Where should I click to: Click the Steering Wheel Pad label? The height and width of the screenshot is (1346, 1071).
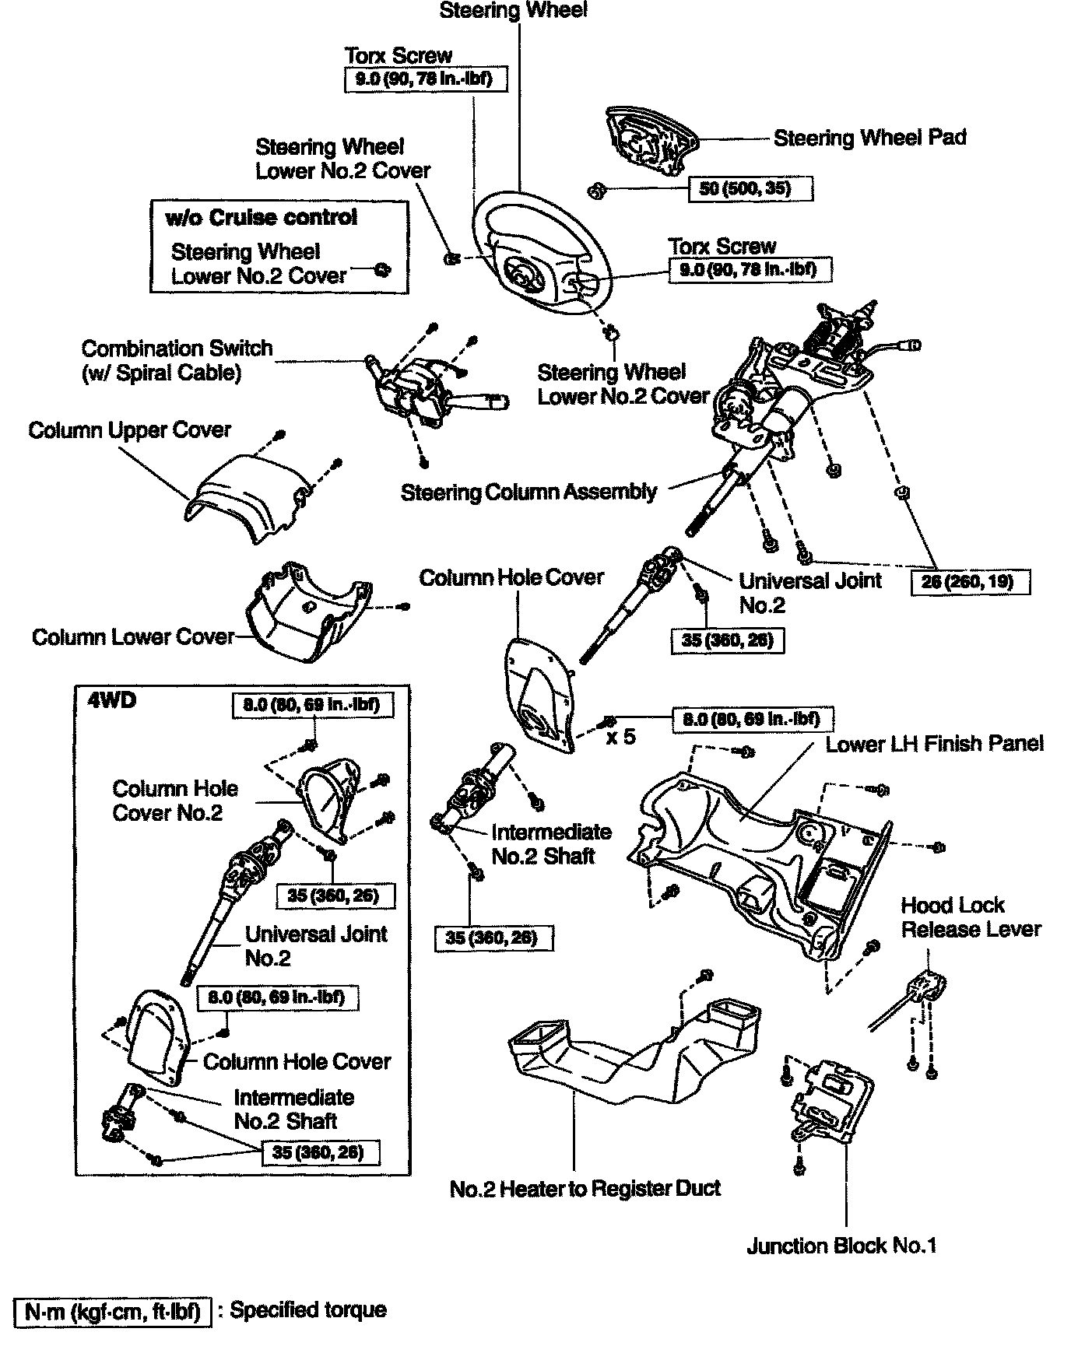click(x=869, y=138)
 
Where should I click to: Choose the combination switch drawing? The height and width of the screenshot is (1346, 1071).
click(x=420, y=389)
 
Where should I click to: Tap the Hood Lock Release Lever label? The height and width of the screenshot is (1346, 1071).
click(x=971, y=917)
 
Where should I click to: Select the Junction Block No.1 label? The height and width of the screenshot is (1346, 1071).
click(x=841, y=1246)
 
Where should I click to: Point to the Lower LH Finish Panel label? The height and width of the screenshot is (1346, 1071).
click(x=934, y=744)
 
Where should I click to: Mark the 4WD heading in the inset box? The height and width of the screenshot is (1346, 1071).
click(x=113, y=701)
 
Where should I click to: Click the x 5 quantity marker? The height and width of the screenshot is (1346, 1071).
click(x=620, y=736)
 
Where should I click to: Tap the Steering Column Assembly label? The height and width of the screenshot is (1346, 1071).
click(x=528, y=492)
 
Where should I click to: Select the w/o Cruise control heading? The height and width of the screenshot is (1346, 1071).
click(x=262, y=218)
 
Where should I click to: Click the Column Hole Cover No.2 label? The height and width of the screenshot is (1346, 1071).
click(x=175, y=801)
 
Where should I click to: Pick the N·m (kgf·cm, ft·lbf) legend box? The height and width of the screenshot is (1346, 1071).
click(x=112, y=1312)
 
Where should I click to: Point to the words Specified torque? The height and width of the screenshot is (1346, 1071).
click(x=308, y=1310)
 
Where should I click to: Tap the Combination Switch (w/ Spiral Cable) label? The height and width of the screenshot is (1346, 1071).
click(x=177, y=360)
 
